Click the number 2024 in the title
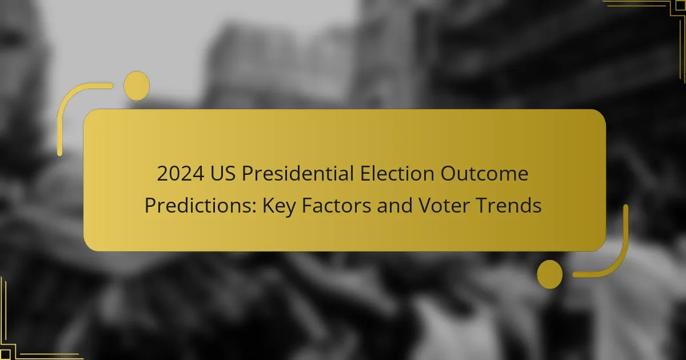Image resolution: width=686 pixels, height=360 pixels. (181, 174)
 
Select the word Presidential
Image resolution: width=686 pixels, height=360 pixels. (298, 173)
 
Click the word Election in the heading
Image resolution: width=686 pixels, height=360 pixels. (397, 173)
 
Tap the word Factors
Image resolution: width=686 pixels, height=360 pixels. (336, 205)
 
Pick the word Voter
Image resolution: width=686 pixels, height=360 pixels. (444, 205)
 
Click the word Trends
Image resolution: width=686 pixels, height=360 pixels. (509, 205)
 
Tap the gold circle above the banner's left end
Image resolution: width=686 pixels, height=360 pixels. (137, 86)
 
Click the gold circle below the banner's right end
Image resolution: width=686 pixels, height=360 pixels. (550, 274)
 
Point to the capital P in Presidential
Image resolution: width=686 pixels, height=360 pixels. (248, 174)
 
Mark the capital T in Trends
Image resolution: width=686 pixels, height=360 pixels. (482, 205)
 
